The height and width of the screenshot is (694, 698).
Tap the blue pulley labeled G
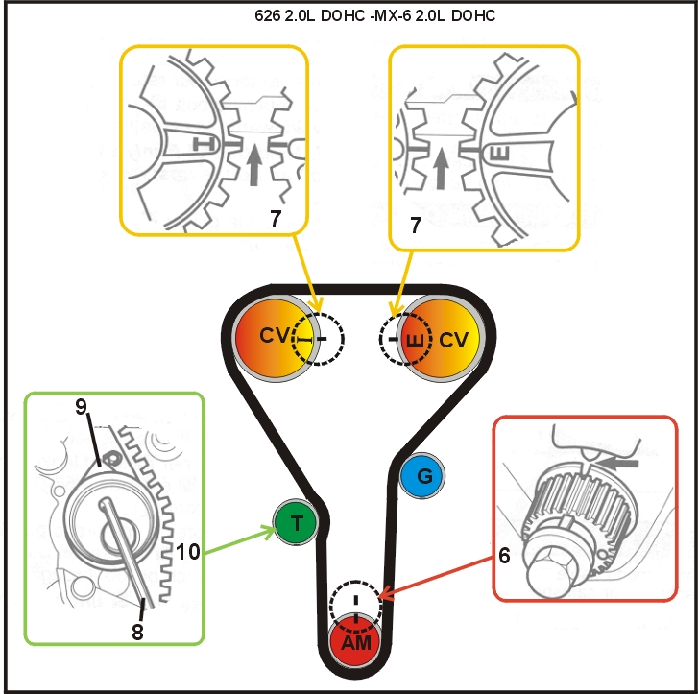421,475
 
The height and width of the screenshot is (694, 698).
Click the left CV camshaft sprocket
273,337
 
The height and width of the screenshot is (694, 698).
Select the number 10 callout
188,550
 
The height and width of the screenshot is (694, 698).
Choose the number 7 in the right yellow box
416,224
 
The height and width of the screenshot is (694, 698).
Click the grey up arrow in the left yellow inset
254,163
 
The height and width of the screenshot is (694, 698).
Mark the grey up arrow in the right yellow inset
442,168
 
